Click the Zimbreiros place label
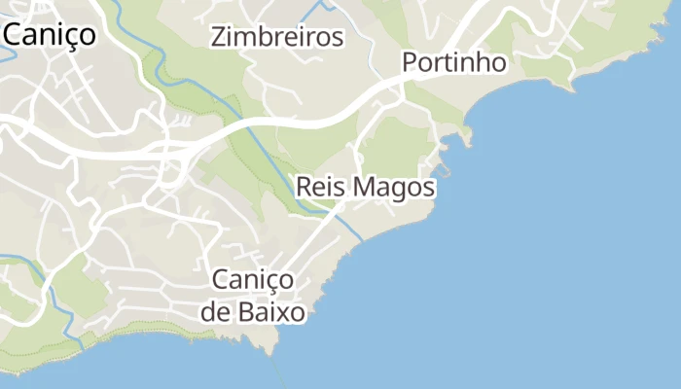[278, 38]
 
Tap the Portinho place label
[454, 63]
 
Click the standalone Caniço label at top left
[49, 35]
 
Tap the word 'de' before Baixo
[214, 312]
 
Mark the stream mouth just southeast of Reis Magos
[362, 239]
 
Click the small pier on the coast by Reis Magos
[448, 173]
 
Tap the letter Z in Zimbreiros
[219, 38]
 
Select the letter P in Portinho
[410, 63]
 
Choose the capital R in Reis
[303, 187]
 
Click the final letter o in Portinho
[500, 63]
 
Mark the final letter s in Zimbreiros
[339, 38]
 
